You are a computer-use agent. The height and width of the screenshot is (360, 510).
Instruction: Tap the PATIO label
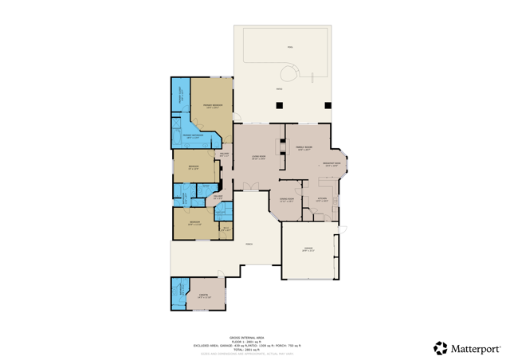pos(279,88)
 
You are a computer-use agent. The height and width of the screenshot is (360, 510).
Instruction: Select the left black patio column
pos(278,105)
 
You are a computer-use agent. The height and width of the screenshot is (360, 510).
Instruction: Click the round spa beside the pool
pos(292,74)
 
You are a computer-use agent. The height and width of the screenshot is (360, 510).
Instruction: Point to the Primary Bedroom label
pos(212,107)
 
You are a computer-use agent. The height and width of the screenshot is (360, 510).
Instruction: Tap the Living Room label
pos(258,158)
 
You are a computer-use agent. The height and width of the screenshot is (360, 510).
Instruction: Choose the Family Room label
pos(304,148)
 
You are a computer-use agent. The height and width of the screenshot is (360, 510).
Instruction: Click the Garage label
pos(308,249)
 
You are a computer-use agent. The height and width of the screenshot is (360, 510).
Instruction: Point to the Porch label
pos(249,244)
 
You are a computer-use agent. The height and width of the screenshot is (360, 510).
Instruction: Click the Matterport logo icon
pos(440,348)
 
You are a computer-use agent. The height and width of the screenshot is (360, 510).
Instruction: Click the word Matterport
pos(476,348)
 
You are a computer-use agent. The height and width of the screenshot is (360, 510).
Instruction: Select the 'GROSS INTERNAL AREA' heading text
pos(246,337)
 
